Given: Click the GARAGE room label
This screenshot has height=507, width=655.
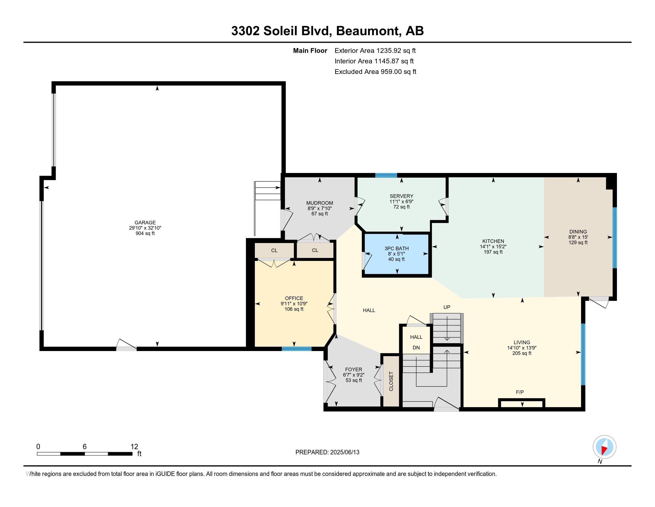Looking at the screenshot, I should (x=145, y=222).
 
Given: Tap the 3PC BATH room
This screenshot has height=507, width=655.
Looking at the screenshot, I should (x=397, y=254).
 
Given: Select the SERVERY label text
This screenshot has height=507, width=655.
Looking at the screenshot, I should (x=401, y=196).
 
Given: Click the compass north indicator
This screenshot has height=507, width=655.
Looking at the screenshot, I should (x=604, y=447).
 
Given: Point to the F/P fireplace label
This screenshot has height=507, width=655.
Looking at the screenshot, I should (x=520, y=392).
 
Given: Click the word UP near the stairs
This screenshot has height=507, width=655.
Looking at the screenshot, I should (x=447, y=307).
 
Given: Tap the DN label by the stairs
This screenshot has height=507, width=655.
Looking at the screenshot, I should (x=416, y=347).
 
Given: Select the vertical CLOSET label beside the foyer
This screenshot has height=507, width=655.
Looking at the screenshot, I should (x=391, y=381).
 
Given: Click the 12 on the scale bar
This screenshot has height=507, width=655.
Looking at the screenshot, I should (x=134, y=446).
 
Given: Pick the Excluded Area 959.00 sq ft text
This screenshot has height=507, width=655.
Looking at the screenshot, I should (x=375, y=72).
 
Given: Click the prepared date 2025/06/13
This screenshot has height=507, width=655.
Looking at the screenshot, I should (x=344, y=452).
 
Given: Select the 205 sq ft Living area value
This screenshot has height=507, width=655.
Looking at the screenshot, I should (x=522, y=353).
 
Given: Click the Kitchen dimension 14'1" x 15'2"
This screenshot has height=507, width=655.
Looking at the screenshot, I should (x=493, y=247).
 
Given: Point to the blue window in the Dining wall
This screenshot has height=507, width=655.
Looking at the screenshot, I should (x=614, y=237).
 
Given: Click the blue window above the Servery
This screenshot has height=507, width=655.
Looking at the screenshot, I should (x=386, y=175).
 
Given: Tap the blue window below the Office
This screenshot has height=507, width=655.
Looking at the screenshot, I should (x=296, y=349).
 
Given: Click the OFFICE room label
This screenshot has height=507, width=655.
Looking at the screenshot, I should (x=294, y=298).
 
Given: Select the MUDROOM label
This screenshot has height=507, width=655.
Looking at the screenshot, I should (x=319, y=203).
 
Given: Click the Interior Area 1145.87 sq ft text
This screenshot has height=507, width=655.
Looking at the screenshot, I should (x=374, y=61).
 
